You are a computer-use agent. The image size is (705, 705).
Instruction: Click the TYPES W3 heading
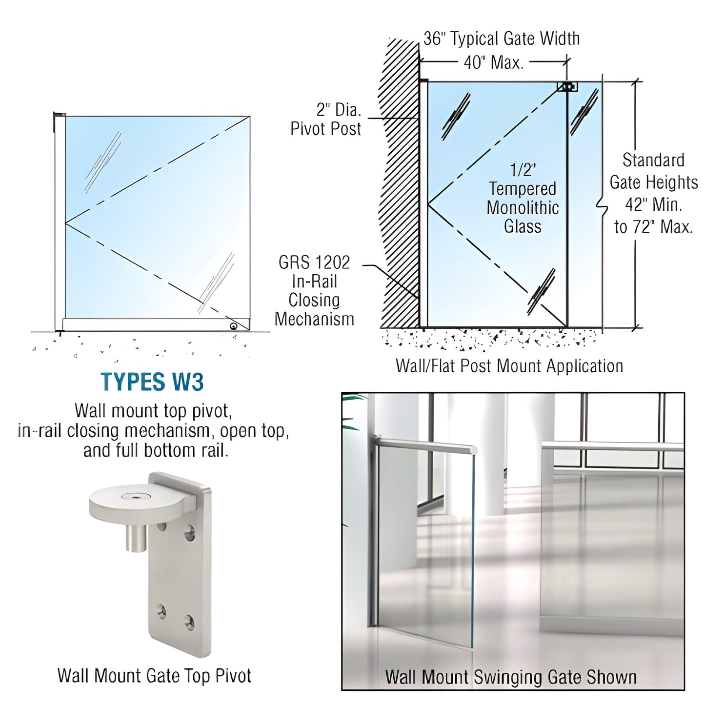(152, 382)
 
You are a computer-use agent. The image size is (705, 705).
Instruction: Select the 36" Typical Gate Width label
(502, 39)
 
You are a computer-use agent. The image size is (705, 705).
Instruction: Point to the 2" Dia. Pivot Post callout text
(326, 119)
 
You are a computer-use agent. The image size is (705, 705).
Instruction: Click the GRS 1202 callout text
(314, 262)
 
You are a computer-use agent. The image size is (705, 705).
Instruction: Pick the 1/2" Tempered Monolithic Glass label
(523, 198)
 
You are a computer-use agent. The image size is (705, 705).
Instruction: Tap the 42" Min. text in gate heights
(653, 204)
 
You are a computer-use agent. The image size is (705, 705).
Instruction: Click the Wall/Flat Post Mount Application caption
(509, 366)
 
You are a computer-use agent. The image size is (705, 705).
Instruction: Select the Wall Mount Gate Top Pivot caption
(154, 676)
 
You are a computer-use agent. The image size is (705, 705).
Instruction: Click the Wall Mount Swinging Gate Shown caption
(511, 677)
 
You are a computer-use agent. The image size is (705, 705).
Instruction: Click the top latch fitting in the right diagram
(568, 87)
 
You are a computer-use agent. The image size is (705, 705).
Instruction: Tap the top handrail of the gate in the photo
(424, 443)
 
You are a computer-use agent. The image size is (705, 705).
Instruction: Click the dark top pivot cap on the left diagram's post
(59, 115)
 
